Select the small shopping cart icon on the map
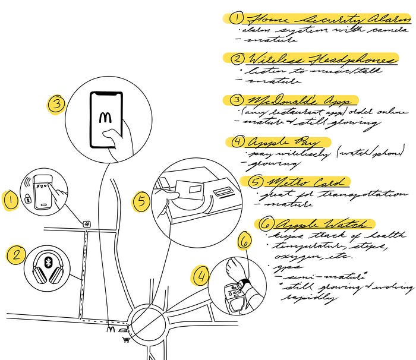pyautogui.click(x=125, y=339)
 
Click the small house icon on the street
pyautogui.click(x=87, y=224)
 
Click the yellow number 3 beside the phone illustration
pyautogui.click(x=55, y=105)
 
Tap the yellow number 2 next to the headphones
pyautogui.click(x=15, y=256)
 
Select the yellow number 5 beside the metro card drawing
pyautogui.click(x=141, y=201)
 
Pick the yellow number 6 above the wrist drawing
pyautogui.click(x=244, y=242)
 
